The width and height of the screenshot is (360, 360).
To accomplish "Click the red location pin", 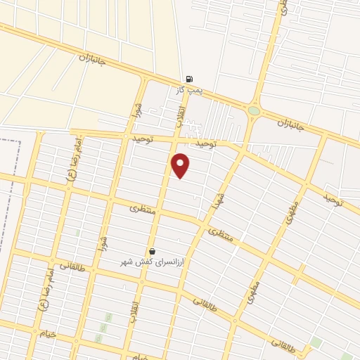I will [x=181, y=165].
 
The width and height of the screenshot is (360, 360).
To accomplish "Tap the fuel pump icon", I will [x=189, y=79].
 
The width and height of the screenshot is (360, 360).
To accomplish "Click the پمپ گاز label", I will [x=189, y=91].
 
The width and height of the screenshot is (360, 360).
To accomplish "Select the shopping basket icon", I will [x=152, y=251].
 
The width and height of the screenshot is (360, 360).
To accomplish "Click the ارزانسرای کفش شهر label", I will [x=153, y=262].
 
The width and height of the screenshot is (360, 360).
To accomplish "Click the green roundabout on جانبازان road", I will [x=254, y=110].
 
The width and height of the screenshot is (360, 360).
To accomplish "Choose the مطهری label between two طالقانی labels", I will [x=254, y=294].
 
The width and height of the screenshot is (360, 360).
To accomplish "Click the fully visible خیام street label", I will [x=48, y=332].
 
